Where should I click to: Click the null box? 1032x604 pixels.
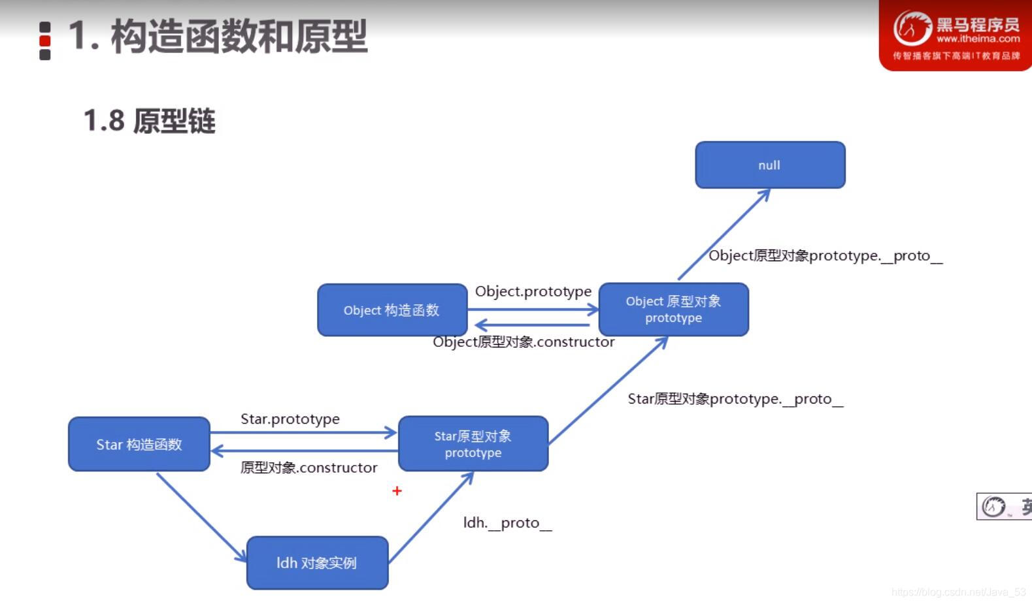click(x=770, y=165)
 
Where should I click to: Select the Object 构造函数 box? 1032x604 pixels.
click(x=392, y=310)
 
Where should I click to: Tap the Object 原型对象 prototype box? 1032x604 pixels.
click(x=673, y=310)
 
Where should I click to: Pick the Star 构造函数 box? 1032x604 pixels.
click(x=139, y=444)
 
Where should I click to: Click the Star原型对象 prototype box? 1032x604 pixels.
click(x=473, y=444)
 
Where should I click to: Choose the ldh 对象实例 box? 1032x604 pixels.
click(x=317, y=563)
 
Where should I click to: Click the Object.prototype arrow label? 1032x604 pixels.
click(x=533, y=291)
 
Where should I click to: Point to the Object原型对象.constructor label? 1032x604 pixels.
click(x=524, y=342)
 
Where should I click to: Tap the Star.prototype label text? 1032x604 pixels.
click(x=290, y=419)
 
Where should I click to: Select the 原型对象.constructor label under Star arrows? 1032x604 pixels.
click(x=308, y=468)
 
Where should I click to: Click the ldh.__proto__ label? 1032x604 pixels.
click(x=507, y=523)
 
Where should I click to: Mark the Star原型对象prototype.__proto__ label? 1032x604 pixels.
click(x=735, y=399)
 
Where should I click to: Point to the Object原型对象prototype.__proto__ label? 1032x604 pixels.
click(x=825, y=256)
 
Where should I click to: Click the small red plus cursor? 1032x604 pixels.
click(x=397, y=490)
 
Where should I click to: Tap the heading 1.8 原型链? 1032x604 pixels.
click(x=150, y=121)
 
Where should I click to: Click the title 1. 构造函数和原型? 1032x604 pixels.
click(x=218, y=37)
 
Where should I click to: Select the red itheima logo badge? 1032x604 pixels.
click(x=956, y=36)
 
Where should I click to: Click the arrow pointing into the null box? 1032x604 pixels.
click(x=724, y=234)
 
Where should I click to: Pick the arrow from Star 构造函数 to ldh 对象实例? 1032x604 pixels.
click(x=201, y=517)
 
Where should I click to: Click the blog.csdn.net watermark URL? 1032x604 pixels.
click(x=958, y=592)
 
